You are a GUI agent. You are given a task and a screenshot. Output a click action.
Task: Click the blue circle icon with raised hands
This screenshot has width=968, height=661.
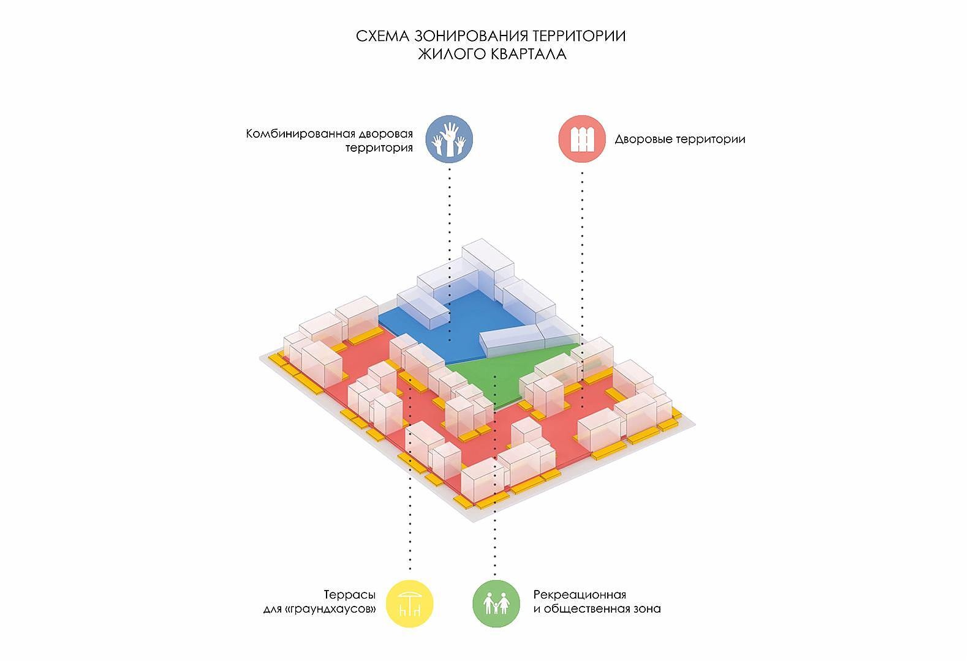449,139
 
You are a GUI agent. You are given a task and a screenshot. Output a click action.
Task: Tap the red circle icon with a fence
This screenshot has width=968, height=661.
581,139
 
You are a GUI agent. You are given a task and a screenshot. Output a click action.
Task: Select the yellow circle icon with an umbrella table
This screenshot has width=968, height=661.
409,603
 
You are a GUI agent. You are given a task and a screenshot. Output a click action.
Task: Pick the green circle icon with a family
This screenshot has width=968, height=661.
496,603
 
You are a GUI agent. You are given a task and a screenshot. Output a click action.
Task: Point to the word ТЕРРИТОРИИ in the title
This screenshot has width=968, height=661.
579,36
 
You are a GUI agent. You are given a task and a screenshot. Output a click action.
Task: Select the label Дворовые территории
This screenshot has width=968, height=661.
680,140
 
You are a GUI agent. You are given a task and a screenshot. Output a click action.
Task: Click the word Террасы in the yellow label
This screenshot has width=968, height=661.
350,595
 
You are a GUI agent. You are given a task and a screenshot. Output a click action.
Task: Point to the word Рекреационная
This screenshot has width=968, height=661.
580,595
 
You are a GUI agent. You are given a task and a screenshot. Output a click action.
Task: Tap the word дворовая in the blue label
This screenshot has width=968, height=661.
386,134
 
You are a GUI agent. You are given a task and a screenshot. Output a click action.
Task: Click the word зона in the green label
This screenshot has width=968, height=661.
648,609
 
